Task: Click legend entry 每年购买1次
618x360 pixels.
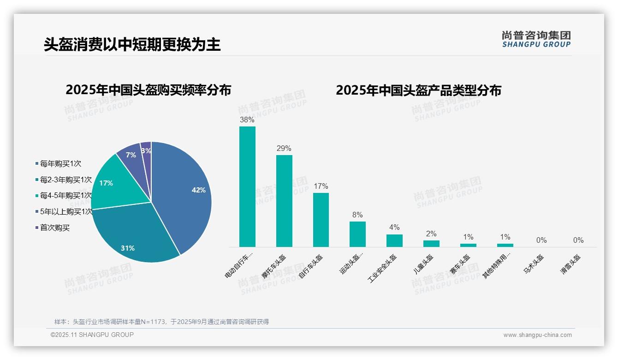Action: (x=60, y=163)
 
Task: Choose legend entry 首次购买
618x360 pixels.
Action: (x=54, y=228)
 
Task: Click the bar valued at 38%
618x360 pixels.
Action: (x=247, y=186)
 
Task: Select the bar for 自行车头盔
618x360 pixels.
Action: (x=321, y=220)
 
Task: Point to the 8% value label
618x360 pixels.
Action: (x=357, y=215)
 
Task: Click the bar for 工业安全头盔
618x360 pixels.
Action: (x=394, y=240)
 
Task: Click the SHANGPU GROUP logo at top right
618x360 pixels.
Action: (x=536, y=39)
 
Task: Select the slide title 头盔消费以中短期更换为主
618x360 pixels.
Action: (x=132, y=44)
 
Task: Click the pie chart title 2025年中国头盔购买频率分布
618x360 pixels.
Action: (x=148, y=90)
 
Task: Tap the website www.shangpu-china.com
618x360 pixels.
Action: (x=537, y=335)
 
